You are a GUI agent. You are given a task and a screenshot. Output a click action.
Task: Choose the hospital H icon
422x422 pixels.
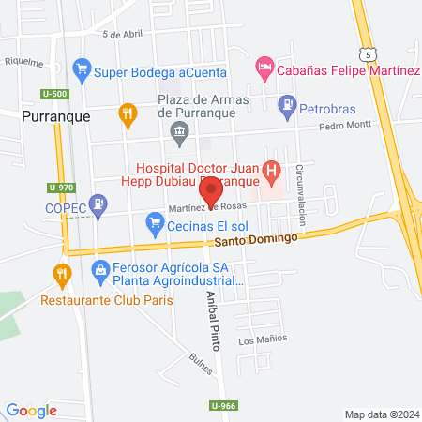[272, 171]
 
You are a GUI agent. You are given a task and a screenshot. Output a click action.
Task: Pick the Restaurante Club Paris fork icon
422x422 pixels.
[62, 273]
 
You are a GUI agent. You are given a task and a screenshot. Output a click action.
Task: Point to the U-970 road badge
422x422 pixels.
[60, 187]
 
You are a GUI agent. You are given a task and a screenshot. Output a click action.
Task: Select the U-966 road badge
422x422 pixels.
[219, 405]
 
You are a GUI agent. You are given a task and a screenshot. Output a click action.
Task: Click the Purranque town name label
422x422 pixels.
[56, 116]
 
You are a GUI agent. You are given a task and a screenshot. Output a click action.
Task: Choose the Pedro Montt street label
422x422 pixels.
[344, 125]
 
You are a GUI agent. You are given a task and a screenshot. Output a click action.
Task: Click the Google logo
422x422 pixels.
[32, 410]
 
